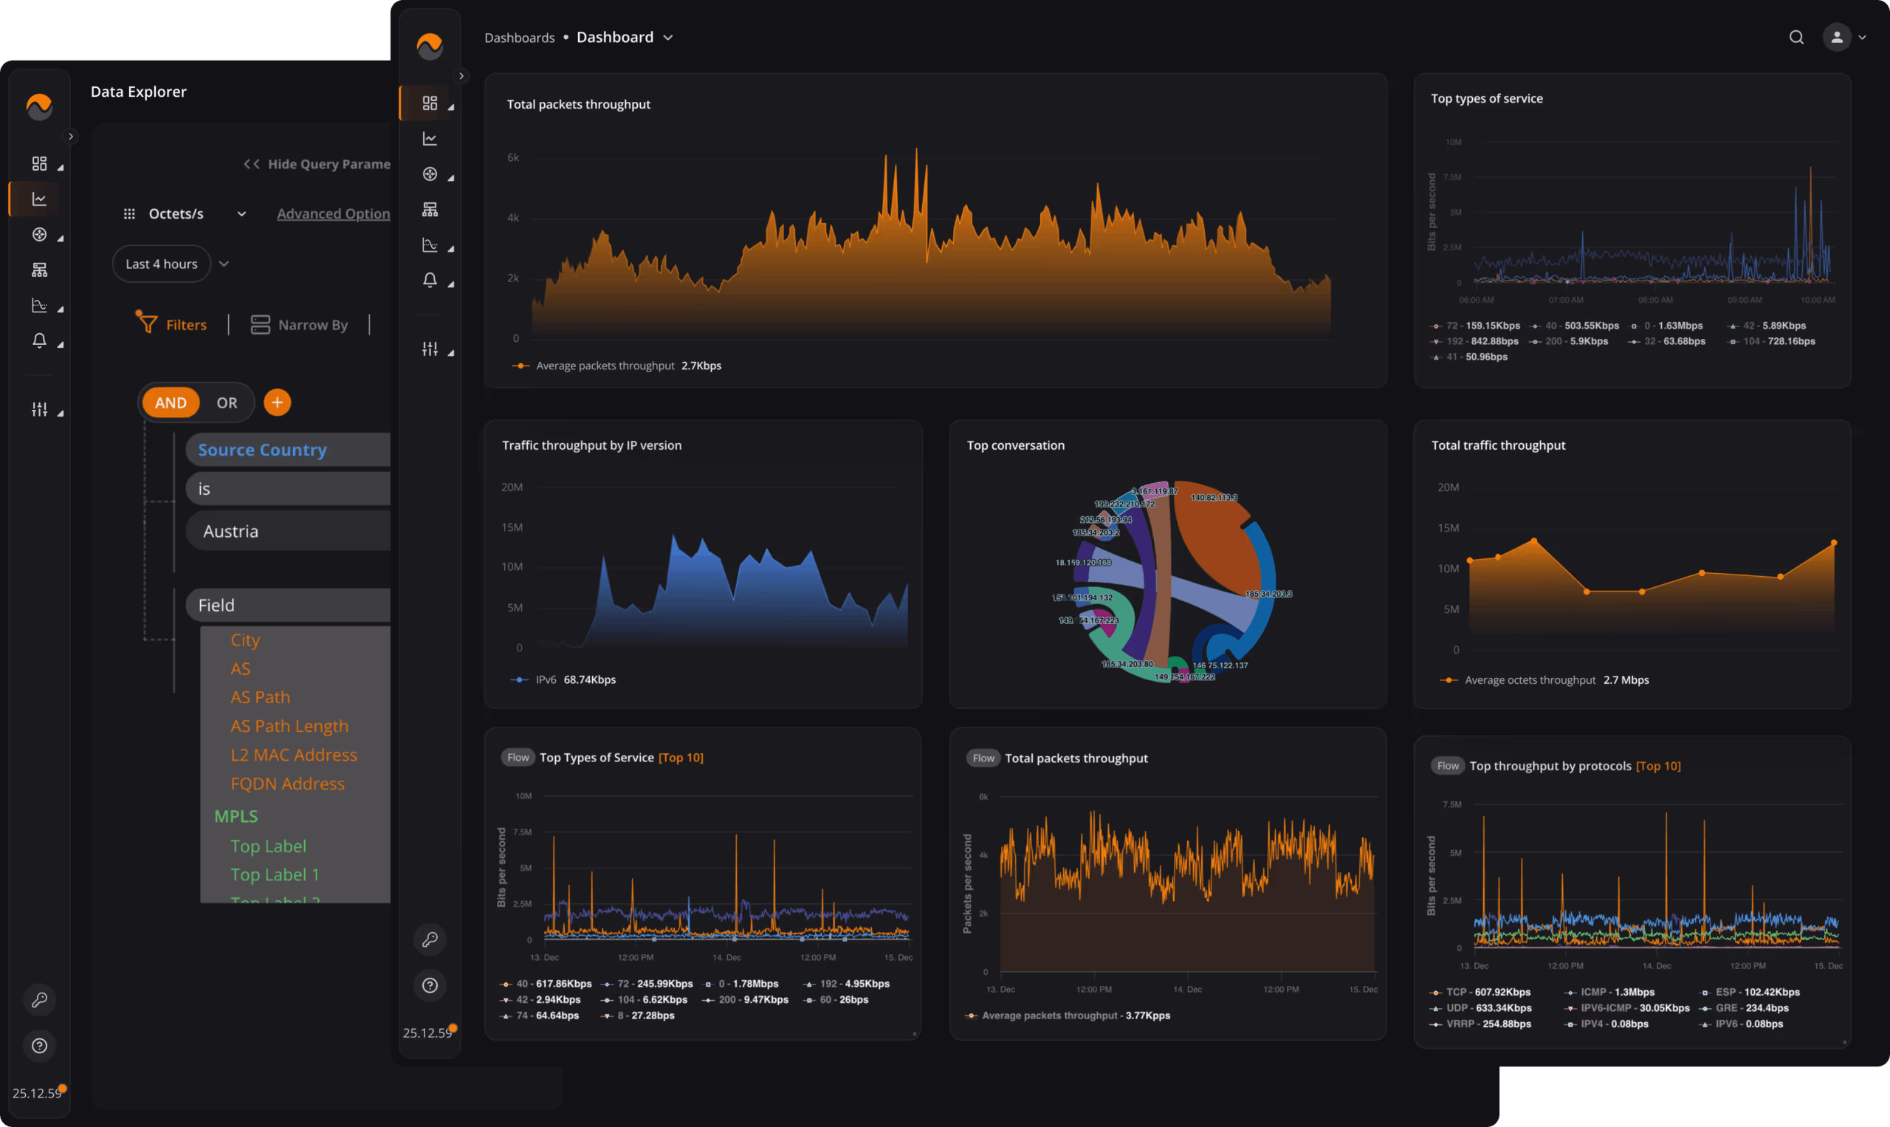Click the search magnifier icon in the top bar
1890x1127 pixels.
pyautogui.click(x=1796, y=37)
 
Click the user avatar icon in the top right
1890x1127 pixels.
pyautogui.click(x=1836, y=37)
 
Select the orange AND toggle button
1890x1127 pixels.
pyautogui.click(x=171, y=402)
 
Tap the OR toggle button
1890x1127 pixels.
pyautogui.click(x=227, y=402)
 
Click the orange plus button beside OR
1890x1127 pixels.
pyautogui.click(x=277, y=402)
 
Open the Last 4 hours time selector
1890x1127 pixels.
pyautogui.click(x=162, y=264)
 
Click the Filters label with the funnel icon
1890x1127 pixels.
pyautogui.click(x=172, y=325)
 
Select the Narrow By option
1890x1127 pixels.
pyautogui.click(x=300, y=325)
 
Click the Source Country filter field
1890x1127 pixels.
pyautogui.click(x=263, y=450)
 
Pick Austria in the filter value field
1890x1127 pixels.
pyautogui.click(x=231, y=531)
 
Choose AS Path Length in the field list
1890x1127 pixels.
pyautogui.click(x=289, y=726)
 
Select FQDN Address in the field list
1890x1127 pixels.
pyautogui.click(x=288, y=784)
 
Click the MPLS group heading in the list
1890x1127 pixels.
pyautogui.click(x=236, y=816)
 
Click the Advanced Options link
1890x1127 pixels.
pyautogui.click(x=333, y=214)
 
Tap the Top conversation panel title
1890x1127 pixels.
pyautogui.click(x=1016, y=445)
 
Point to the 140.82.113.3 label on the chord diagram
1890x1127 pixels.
pyautogui.click(x=1214, y=498)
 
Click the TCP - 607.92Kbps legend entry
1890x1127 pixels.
pyautogui.click(x=1481, y=992)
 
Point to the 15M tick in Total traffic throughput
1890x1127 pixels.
pyautogui.click(x=1449, y=528)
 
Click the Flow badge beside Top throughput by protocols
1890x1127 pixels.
pyautogui.click(x=1447, y=766)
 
